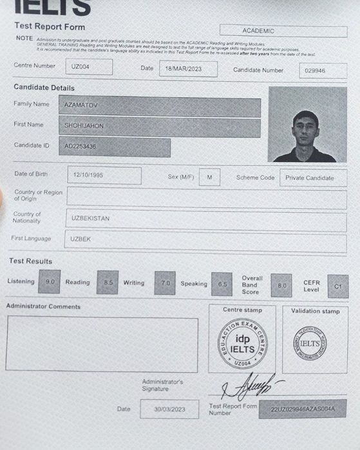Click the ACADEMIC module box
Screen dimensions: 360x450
[283, 31]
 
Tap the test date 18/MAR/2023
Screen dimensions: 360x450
[187, 68]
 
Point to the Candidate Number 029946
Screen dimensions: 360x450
[323, 71]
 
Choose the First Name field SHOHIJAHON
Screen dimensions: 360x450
[160, 127]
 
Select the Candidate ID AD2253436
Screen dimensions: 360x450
[115, 147]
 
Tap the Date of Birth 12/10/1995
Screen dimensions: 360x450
[104, 175]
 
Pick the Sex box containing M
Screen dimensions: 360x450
[209, 177]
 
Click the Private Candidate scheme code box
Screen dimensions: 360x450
[312, 178]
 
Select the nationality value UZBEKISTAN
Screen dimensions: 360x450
[206, 219]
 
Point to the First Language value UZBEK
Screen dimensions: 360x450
[206, 241]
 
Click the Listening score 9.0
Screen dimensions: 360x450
[50, 282]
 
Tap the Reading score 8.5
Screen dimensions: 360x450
[108, 283]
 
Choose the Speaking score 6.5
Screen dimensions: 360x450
[222, 284]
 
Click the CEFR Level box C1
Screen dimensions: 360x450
[337, 286]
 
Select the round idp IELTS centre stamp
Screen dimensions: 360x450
[242, 344]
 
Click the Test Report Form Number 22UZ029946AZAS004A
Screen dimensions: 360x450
[302, 409]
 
